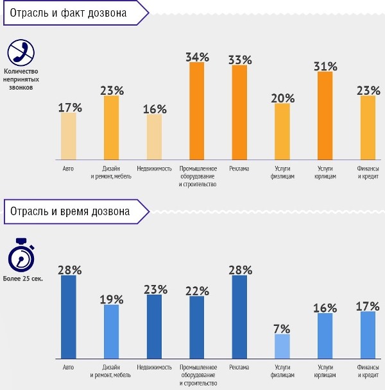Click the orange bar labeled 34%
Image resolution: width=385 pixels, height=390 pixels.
pyautogui.click(x=197, y=110)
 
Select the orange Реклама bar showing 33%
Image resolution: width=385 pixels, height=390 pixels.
pyautogui.click(x=239, y=112)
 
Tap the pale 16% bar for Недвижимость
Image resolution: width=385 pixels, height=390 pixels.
pyautogui.click(x=154, y=136)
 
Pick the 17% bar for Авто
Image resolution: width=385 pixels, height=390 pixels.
pyautogui.click(x=69, y=135)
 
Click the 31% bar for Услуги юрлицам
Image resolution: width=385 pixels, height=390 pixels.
pyautogui.click(x=325, y=115)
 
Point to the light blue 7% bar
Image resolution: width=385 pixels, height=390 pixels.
pyautogui.click(x=282, y=346)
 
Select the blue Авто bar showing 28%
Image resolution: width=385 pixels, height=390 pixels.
pyautogui.click(x=69, y=317)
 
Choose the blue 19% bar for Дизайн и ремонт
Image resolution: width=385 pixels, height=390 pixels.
pyautogui.click(x=112, y=332)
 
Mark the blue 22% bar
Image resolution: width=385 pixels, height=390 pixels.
pyautogui.click(x=197, y=327)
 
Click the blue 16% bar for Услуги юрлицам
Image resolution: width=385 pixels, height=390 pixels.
pyautogui.click(x=325, y=336)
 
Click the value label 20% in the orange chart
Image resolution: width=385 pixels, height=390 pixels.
pyautogui.click(x=282, y=98)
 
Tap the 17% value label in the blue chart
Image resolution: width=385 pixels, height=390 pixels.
pyautogui.click(x=368, y=306)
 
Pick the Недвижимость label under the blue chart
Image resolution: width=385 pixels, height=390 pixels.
pyautogui.click(x=154, y=367)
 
